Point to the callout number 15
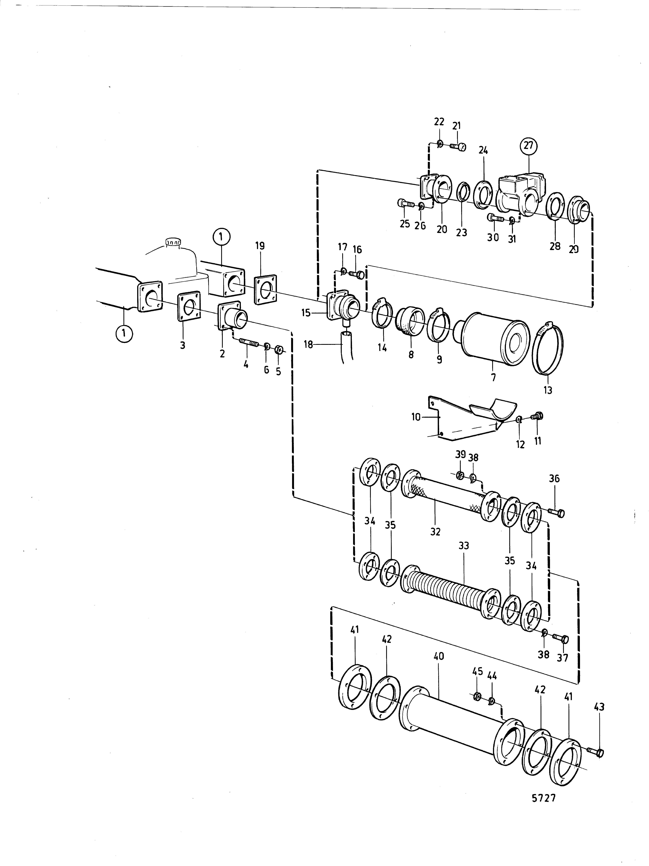[x=305, y=313]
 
